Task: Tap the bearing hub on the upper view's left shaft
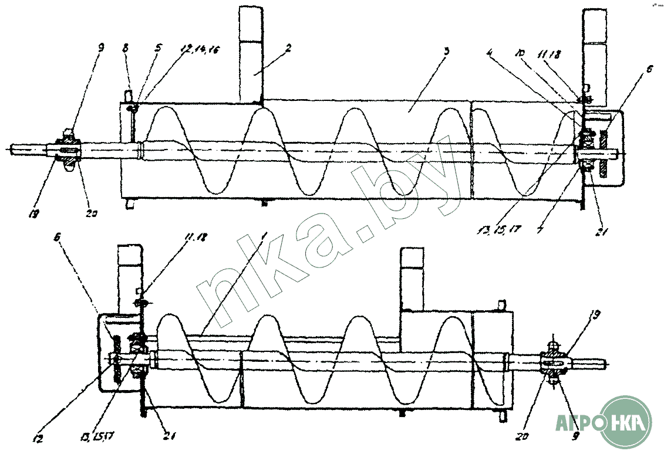coord(66,148)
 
